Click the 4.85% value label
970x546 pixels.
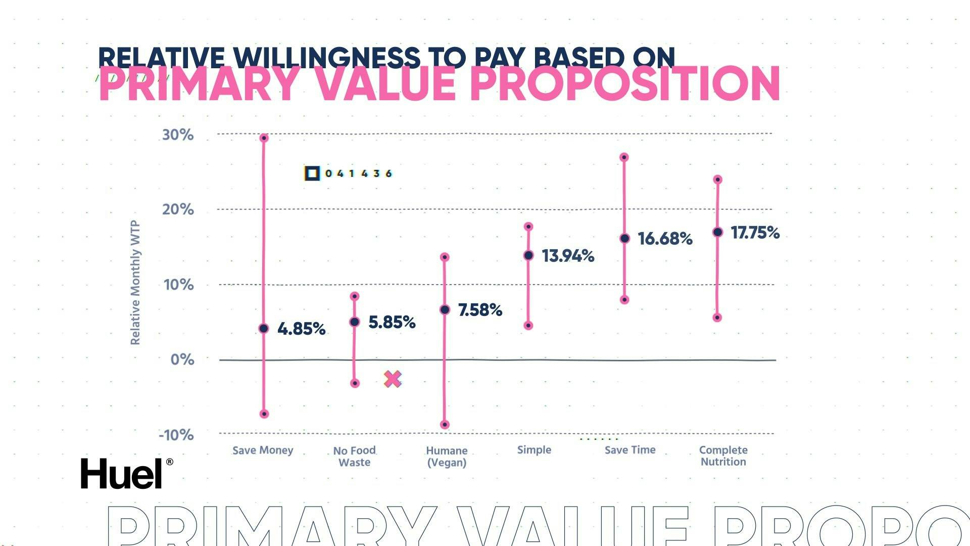pyautogui.click(x=301, y=329)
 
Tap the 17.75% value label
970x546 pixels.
pyautogui.click(x=755, y=233)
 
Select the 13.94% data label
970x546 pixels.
pyautogui.click(x=568, y=256)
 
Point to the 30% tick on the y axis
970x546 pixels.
pyautogui.click(x=178, y=135)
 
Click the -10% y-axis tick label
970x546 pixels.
pyautogui.click(x=176, y=435)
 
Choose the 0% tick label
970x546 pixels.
pyautogui.click(x=182, y=359)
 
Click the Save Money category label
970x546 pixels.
pyautogui.click(x=263, y=450)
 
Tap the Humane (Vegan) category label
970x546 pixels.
pyautogui.click(x=447, y=456)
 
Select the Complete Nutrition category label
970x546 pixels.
pyautogui.click(x=723, y=456)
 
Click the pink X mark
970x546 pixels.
pyautogui.click(x=393, y=379)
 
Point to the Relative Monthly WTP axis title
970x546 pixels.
pyautogui.click(x=135, y=283)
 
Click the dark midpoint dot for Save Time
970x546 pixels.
pyautogui.click(x=624, y=239)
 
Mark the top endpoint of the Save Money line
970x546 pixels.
pyautogui.click(x=264, y=138)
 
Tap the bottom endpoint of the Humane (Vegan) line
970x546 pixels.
pyautogui.click(x=445, y=425)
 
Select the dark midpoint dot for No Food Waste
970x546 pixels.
pyautogui.click(x=355, y=322)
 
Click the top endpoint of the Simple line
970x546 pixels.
pyautogui.click(x=528, y=226)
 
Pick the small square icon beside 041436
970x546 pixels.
pyautogui.click(x=312, y=173)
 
